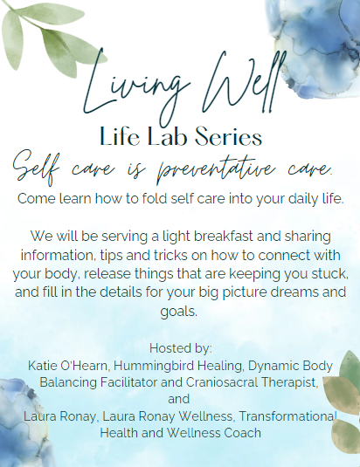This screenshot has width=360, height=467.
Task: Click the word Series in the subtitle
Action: tap(229, 137)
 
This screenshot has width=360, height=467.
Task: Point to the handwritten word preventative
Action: tap(216, 168)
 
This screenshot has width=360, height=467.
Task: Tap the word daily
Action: tap(301, 199)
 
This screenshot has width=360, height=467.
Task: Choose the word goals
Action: tap(179, 312)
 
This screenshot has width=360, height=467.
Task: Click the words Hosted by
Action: tap(181, 348)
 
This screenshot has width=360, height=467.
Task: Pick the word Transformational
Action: tap(287, 416)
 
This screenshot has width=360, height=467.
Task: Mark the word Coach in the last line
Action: tap(243, 433)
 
